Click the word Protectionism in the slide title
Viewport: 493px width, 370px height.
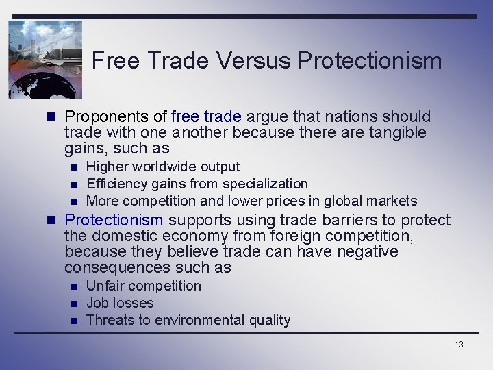370,61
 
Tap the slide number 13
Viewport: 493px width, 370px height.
458,344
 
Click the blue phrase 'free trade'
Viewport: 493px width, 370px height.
207,116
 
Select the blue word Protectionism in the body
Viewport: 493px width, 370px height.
114,220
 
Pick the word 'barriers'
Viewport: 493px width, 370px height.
344,220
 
